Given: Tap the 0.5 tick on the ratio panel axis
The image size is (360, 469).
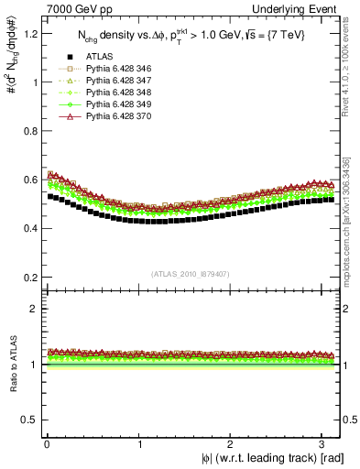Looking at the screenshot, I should point(28,420).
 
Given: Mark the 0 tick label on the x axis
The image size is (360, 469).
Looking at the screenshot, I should point(47,442).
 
